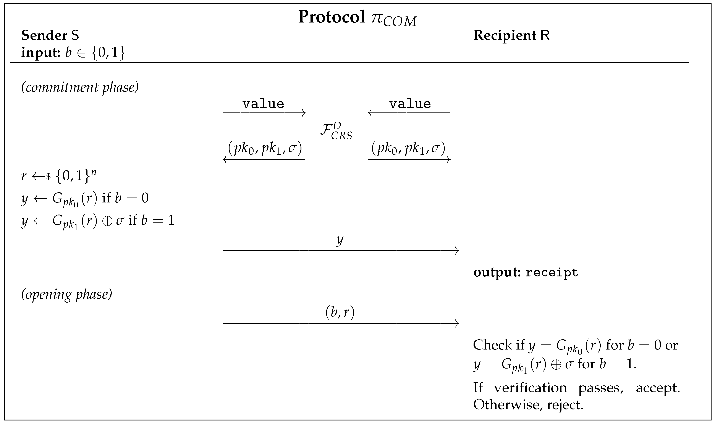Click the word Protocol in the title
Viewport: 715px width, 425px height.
pos(332,17)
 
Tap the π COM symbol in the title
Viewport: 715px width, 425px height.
pos(394,19)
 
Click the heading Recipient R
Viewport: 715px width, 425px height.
pos(511,35)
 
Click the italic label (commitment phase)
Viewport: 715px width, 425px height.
pos(80,87)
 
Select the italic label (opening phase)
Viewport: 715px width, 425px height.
pos(66,294)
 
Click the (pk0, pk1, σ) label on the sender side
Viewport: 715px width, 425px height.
pos(265,149)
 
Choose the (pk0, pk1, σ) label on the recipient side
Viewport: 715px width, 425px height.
pos(408,149)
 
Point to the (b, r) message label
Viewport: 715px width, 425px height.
pos(340,312)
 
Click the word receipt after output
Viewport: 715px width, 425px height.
pos(551,272)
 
